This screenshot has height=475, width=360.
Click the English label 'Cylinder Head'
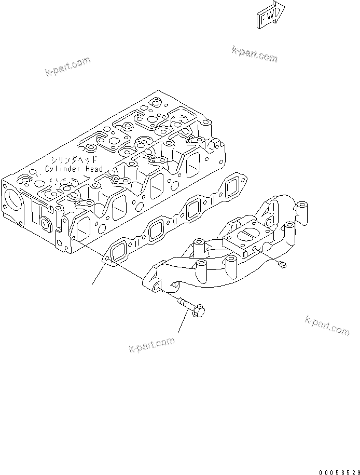tap(74, 169)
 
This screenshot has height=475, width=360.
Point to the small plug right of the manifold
tap(282, 266)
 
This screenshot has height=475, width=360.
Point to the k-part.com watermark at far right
tap(327, 325)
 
